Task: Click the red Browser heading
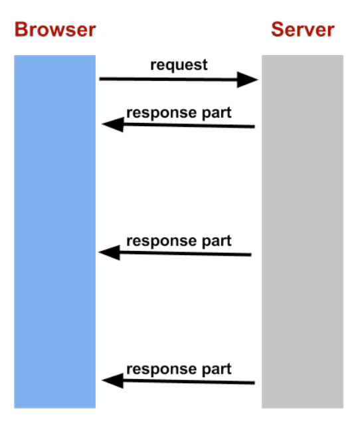tap(54, 30)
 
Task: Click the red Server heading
tap(302, 30)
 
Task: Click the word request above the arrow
tap(179, 65)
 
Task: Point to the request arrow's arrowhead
tap(248, 80)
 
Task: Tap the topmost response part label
tap(179, 113)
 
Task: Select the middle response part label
tap(179, 240)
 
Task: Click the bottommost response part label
tap(179, 369)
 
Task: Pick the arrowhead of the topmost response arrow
tap(112, 124)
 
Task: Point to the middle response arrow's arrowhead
tap(109, 252)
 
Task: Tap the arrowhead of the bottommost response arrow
tap(112, 381)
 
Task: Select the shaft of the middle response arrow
tap(186, 253)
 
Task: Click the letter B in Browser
tap(21, 30)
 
